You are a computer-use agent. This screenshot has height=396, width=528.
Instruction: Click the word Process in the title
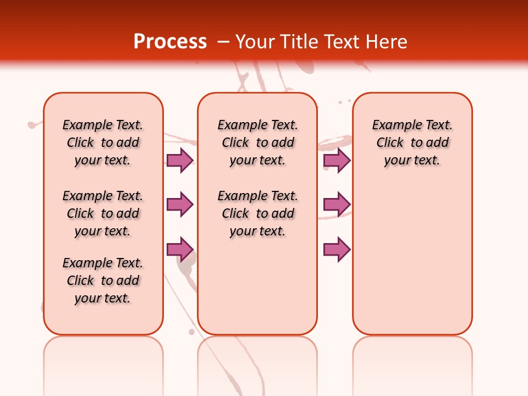point(170,41)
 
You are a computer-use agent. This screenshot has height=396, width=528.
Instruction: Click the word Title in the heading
point(301,41)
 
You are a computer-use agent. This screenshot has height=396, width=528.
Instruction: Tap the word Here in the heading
point(387,41)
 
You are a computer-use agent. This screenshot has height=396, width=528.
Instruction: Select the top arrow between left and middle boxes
point(180,160)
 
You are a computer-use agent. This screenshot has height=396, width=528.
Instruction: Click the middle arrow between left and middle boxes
point(180,205)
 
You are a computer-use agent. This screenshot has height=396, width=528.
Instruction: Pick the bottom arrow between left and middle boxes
point(180,249)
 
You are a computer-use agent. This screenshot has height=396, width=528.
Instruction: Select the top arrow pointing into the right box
point(337,160)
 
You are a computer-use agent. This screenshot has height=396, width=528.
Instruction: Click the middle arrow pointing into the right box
point(337,205)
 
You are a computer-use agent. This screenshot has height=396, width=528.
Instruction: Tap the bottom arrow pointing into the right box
point(337,249)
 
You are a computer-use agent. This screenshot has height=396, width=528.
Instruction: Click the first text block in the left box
point(103,142)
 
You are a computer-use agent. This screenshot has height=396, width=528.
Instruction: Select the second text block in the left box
point(103,213)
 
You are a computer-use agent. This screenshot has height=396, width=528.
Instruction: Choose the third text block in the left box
point(103,280)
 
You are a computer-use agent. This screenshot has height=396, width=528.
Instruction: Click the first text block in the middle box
point(257,142)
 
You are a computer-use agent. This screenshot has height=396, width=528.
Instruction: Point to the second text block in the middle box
point(257,213)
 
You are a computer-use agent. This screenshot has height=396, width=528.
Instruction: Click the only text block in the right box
point(412,142)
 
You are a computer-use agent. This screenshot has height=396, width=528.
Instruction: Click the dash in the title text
point(223,42)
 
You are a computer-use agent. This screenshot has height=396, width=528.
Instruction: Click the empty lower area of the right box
point(412,264)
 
